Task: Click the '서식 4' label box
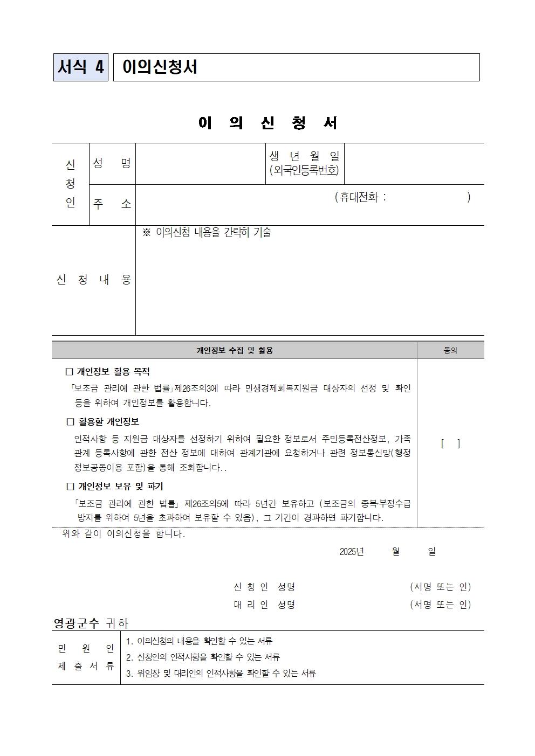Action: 81,67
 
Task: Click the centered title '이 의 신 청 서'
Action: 267,123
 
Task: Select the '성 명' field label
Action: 112,163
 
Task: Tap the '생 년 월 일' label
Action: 305,156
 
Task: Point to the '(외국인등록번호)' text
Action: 305,170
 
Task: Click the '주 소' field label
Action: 112,204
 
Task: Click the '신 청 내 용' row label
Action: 94,280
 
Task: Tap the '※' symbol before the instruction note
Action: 146,233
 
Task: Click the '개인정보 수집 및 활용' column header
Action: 235,351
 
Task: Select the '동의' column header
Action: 450,351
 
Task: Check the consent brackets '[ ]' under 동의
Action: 450,444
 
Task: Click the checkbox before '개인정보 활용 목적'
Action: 69,372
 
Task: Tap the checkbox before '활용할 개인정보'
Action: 70,422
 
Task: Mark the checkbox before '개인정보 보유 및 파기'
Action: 70,487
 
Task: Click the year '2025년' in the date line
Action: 352,552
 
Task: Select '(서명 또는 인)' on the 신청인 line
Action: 440,587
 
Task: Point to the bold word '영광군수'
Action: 76,623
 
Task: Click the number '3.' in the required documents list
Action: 129,674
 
